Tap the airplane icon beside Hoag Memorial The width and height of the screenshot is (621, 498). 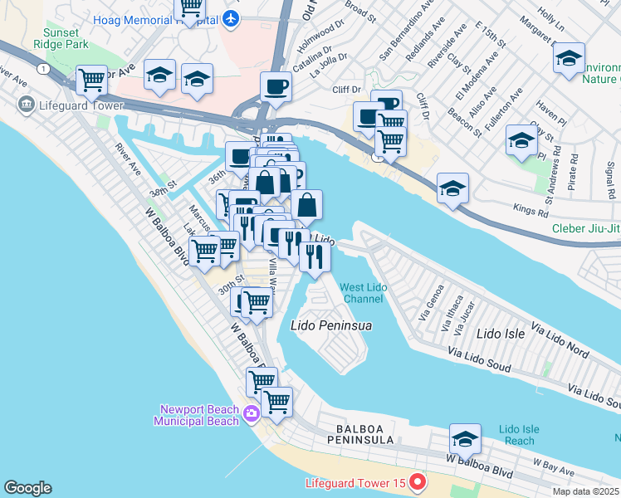tap(232, 18)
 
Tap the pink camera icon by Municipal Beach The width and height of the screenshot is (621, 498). tap(252, 411)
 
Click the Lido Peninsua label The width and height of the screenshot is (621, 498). tap(330, 326)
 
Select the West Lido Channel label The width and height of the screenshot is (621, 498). tap(362, 293)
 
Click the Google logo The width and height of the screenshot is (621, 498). tap(27, 488)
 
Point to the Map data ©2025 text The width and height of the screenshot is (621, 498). tap(586, 491)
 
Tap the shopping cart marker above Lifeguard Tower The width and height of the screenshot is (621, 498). tap(91, 80)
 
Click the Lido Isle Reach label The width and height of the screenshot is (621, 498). tap(519, 435)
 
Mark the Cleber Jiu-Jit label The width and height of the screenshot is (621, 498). tap(586, 229)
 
